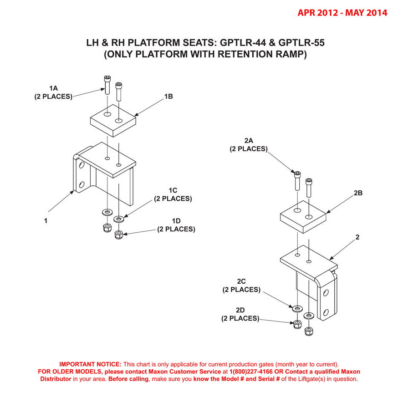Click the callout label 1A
pyautogui.click(x=53, y=88)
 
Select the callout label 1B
pyautogui.click(x=168, y=97)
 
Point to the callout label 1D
pyautogui.click(x=177, y=221)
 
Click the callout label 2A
pyautogui.click(x=248, y=141)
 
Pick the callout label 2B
pyautogui.click(x=358, y=193)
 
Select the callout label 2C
pyautogui.click(x=241, y=282)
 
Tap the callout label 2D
pyautogui.click(x=240, y=311)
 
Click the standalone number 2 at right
pyautogui.click(x=357, y=237)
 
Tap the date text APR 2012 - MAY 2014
pyautogui.click(x=342, y=13)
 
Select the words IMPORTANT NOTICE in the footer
pyautogui.click(x=91, y=364)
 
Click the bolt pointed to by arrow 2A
pyautogui.click(x=297, y=181)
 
